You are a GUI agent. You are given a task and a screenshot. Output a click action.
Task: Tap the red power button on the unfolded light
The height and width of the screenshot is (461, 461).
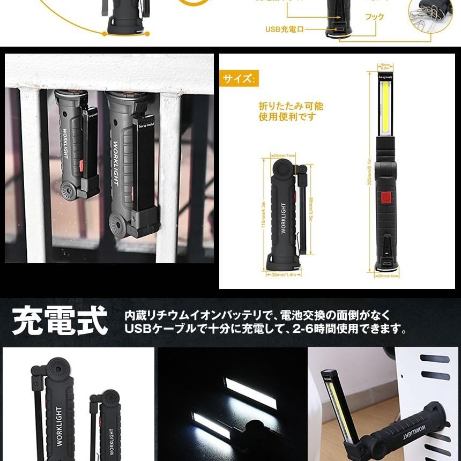pyautogui.click(x=385, y=199)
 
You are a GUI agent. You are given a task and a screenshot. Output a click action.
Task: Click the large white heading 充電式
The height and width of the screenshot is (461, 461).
pyautogui.click(x=60, y=321)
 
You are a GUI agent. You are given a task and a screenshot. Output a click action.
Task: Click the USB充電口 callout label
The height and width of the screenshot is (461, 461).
pyautogui.click(x=284, y=29)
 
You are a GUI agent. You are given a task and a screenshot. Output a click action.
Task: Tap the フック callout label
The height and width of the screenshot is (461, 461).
pyautogui.click(x=374, y=17)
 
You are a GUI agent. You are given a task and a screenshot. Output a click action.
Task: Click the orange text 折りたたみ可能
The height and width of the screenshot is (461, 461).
pyautogui.click(x=291, y=106)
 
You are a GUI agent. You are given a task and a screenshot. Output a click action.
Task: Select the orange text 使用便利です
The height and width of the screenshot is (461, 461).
pyautogui.click(x=287, y=117)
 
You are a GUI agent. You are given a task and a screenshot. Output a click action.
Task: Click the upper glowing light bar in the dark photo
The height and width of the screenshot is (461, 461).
pyautogui.click(x=251, y=393)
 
